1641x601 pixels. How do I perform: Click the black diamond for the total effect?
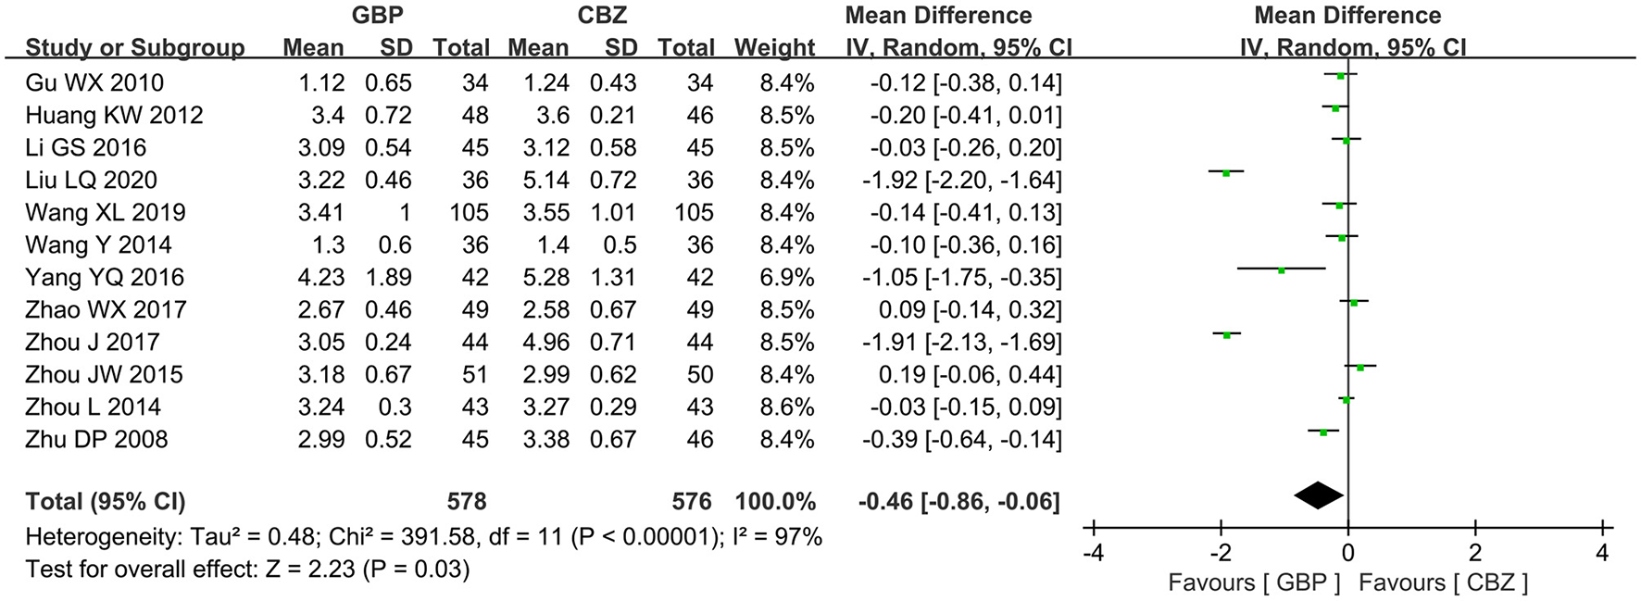click(x=1319, y=496)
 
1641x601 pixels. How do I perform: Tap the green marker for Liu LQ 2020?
click(x=1225, y=173)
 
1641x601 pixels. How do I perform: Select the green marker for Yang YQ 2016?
click(x=1281, y=270)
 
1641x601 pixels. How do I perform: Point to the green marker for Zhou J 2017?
click(x=1226, y=335)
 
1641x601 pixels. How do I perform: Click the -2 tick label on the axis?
click(x=1221, y=554)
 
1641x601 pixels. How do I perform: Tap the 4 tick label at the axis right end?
click(x=1603, y=554)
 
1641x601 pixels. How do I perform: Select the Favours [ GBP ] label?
click(x=1254, y=582)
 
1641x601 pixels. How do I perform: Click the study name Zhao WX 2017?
click(x=106, y=309)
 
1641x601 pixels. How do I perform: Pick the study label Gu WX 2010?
click(x=94, y=82)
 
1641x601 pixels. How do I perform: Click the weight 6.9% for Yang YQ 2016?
click(x=787, y=277)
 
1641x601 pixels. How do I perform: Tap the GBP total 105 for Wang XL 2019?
click(x=469, y=212)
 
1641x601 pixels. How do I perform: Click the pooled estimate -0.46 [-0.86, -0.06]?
click(x=958, y=502)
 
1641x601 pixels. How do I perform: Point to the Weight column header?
click(x=774, y=47)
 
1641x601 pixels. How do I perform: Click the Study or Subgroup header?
click(x=135, y=47)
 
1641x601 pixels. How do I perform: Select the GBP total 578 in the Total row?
click(x=466, y=502)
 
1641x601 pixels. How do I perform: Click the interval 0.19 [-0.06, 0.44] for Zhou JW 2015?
click(x=964, y=374)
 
